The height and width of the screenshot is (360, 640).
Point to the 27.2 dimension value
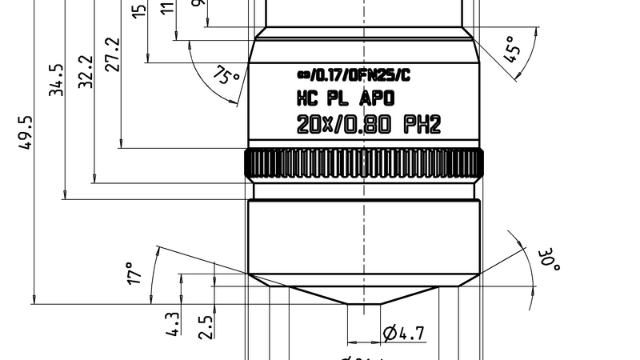[x=112, y=54]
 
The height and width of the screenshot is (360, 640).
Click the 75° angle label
[x=227, y=78]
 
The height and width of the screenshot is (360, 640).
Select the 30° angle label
[x=549, y=261]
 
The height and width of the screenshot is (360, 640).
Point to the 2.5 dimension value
[x=206, y=326]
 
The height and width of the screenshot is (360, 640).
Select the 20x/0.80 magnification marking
[x=343, y=125]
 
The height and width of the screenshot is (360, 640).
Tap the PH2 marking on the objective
[x=422, y=125]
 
